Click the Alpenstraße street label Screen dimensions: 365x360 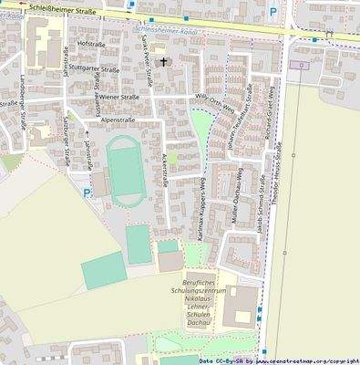click(118, 119)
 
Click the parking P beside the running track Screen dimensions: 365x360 click(87, 193)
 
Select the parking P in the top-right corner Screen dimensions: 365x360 click(273, 13)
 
